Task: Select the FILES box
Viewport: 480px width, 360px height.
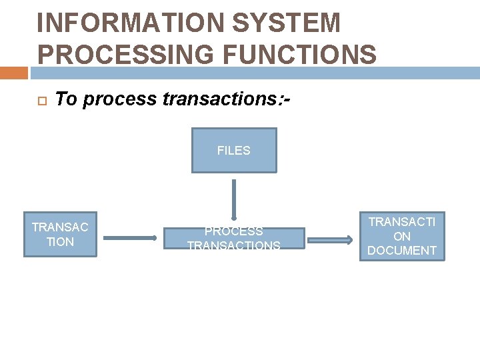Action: [x=233, y=151]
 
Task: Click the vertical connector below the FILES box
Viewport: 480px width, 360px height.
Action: [x=233, y=199]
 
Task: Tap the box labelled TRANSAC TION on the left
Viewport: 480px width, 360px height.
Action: [x=60, y=234]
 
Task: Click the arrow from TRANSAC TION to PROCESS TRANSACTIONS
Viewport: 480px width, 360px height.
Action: [x=130, y=237]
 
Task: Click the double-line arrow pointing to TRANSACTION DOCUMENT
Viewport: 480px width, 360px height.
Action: [x=331, y=240]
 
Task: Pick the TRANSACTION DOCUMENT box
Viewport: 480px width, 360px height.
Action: [x=401, y=236]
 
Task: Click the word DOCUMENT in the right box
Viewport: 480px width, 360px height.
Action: [x=401, y=251]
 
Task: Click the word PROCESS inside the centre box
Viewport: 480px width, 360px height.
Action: [x=233, y=231]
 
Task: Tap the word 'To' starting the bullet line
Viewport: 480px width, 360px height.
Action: [x=65, y=100]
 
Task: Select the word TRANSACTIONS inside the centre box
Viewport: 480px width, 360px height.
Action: [x=233, y=246]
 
